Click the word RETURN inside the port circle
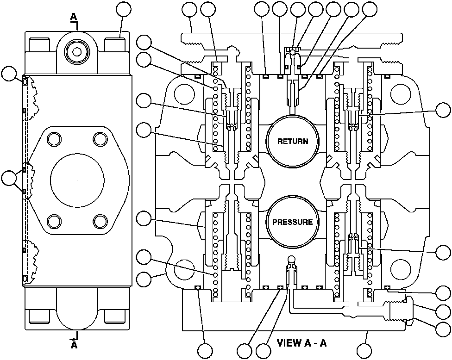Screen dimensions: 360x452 292,141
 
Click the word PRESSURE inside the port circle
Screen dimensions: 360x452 292,222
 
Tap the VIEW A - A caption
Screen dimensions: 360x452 301,343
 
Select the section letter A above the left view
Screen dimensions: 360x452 74,17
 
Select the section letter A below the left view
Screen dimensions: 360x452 74,345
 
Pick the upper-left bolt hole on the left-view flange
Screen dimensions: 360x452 54,139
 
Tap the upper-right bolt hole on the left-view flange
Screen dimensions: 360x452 100,139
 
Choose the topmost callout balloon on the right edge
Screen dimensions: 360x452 444,111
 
